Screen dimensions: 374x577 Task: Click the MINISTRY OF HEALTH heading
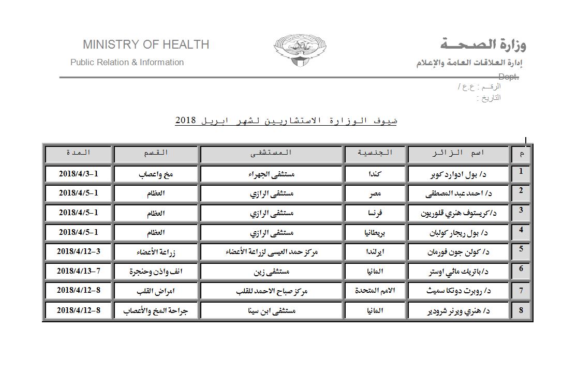(x=146, y=44)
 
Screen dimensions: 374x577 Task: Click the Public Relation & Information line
(x=127, y=63)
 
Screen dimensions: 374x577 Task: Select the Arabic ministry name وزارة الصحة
(x=483, y=44)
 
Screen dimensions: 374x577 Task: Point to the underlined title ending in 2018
(x=286, y=121)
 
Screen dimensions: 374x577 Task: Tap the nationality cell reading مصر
(x=375, y=195)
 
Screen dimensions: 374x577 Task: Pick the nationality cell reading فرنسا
(x=375, y=213)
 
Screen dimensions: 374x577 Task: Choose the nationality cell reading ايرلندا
(x=375, y=252)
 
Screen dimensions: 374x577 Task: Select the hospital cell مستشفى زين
(x=272, y=271)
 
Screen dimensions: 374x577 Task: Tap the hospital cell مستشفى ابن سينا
(x=272, y=310)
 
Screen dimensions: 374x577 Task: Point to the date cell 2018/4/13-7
(x=78, y=271)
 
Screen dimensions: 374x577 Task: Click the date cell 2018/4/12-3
(x=78, y=252)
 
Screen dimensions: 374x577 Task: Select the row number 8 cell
(x=521, y=310)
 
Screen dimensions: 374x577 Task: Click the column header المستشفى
(x=272, y=153)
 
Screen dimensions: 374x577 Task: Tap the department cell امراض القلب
(x=155, y=291)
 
